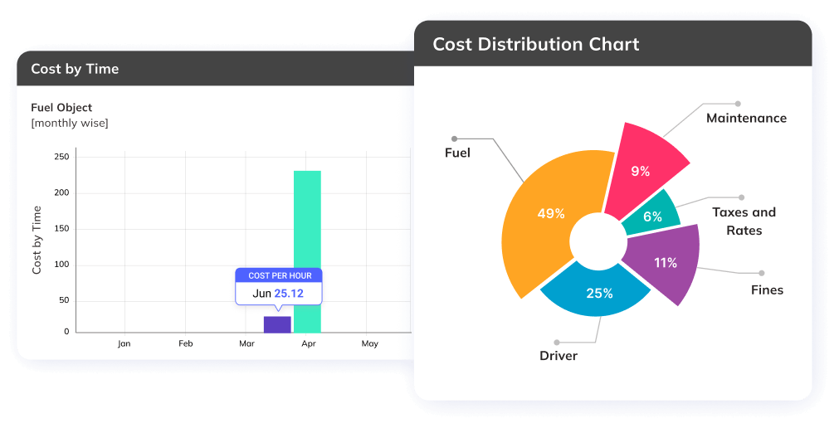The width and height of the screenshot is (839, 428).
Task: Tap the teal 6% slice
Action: point(652,216)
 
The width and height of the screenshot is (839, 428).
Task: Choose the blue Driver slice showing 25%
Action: point(598,291)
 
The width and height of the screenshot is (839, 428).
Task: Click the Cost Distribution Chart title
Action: point(536,45)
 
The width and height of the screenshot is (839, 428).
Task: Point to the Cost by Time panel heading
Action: point(75,69)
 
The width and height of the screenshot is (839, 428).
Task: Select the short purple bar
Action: point(277,323)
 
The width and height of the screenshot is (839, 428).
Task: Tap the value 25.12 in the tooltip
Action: point(289,294)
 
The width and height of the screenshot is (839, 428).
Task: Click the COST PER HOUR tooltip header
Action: point(279,275)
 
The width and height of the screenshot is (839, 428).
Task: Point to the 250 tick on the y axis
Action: point(61,157)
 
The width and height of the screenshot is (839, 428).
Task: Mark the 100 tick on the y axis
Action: point(61,265)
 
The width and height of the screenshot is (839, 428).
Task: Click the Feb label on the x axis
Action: point(186,343)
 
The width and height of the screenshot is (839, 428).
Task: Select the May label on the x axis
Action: point(369,343)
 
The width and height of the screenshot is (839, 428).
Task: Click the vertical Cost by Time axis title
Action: point(37,241)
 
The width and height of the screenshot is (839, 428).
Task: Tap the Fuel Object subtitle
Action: point(61,108)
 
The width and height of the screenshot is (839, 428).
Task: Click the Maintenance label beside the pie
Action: point(746,118)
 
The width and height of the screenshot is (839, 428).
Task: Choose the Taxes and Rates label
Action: point(744,221)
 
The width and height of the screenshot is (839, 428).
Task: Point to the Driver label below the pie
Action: point(559,356)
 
